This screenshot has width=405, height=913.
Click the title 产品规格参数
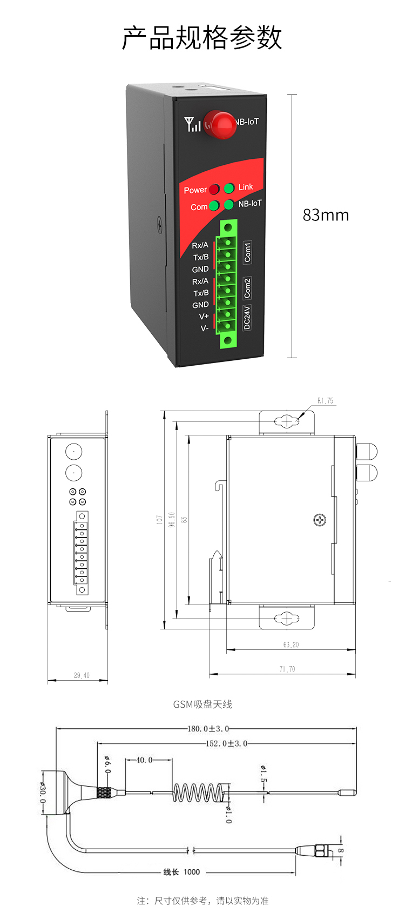(202, 38)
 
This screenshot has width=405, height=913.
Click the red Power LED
(214, 189)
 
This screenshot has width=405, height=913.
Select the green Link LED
(229, 188)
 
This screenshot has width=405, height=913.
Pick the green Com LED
(214, 206)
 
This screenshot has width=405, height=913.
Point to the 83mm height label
(326, 215)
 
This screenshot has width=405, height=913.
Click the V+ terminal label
(204, 317)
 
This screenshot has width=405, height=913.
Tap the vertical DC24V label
(247, 318)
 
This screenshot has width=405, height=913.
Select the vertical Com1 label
(247, 252)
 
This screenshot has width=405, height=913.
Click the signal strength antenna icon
(192, 124)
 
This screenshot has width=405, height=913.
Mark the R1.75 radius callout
(325, 401)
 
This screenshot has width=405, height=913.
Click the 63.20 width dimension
(291, 645)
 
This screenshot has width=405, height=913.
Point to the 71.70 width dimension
(287, 669)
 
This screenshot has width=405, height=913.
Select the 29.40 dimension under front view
(82, 675)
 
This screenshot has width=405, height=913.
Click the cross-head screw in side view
(320, 520)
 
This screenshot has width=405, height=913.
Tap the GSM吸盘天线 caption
(202, 704)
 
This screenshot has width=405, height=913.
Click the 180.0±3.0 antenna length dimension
(208, 729)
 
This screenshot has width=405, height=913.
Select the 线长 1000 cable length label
(181, 872)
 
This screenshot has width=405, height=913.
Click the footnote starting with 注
(202, 901)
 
